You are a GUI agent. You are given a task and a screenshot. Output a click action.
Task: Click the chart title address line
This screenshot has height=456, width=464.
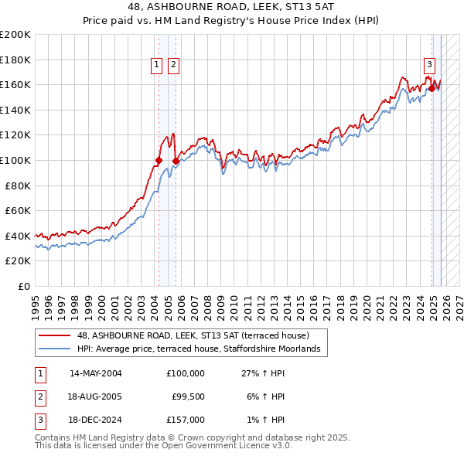[x=232, y=8]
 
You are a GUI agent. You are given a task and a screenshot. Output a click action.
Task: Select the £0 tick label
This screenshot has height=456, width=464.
[x=23, y=286]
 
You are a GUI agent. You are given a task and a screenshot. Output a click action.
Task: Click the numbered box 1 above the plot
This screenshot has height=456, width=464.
[x=158, y=65]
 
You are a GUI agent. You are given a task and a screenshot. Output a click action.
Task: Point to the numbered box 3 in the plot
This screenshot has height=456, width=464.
[x=428, y=65]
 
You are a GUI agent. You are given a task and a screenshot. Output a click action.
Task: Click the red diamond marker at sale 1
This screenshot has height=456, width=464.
[x=159, y=161]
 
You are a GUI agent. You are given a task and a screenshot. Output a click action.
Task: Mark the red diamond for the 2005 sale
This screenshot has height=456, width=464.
[x=176, y=162]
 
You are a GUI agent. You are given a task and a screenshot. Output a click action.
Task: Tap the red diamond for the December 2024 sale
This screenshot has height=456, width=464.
[x=432, y=88]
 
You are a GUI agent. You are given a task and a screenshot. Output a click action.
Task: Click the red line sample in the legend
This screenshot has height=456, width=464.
[x=56, y=335]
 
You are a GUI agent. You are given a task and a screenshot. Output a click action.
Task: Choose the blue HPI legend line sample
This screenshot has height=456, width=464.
[x=56, y=349]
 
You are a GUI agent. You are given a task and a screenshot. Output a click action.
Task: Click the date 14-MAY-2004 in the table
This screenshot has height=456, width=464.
[x=96, y=373]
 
